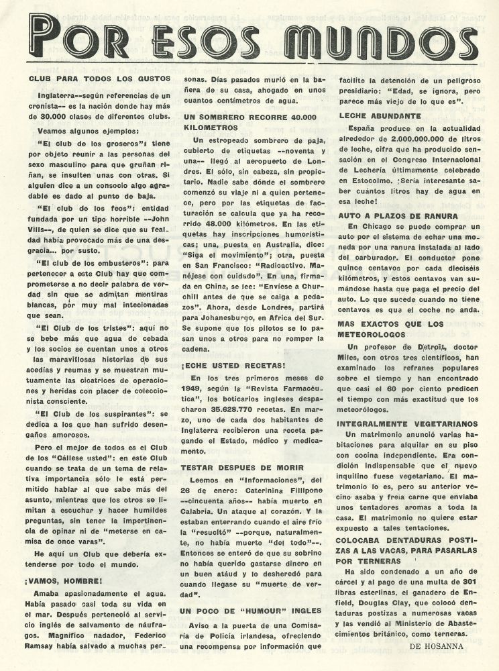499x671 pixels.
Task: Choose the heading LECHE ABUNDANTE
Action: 376,115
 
